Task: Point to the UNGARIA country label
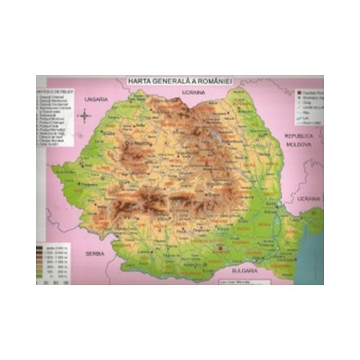pos(95,99)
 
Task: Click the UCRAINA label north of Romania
pos(194,94)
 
